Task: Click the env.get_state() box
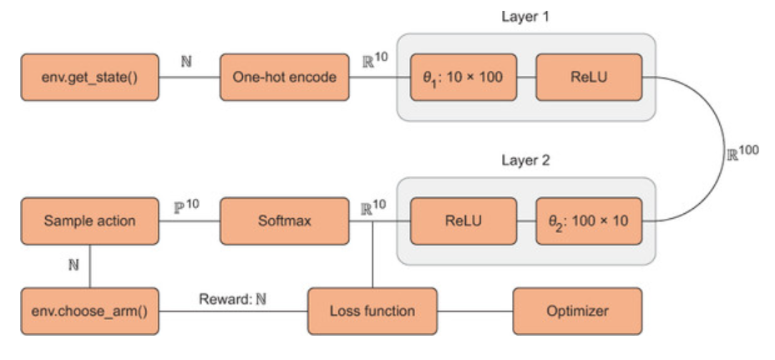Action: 89,78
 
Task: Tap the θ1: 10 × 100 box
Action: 463,78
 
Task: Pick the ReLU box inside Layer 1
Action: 589,78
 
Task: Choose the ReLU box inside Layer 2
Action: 463,221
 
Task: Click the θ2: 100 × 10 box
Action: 589,221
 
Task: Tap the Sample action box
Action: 89,221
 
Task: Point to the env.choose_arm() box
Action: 89,312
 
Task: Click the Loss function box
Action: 372,312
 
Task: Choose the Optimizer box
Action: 577,312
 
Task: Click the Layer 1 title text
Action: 524,17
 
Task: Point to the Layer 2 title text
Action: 524,160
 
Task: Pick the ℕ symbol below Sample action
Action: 73,265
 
